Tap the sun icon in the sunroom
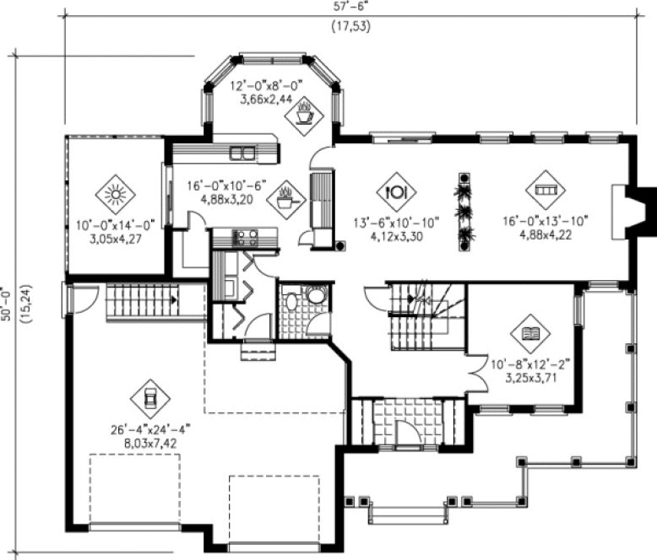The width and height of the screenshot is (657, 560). tap(114, 195)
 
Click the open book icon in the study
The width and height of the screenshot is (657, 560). tap(529, 334)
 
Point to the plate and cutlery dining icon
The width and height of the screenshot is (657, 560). tap(395, 191)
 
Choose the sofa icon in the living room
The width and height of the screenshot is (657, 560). tap(543, 190)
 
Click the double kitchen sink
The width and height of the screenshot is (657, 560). tap(243, 153)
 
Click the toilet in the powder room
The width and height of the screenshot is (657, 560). tap(314, 296)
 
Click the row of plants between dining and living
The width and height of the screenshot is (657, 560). tap(463, 211)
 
